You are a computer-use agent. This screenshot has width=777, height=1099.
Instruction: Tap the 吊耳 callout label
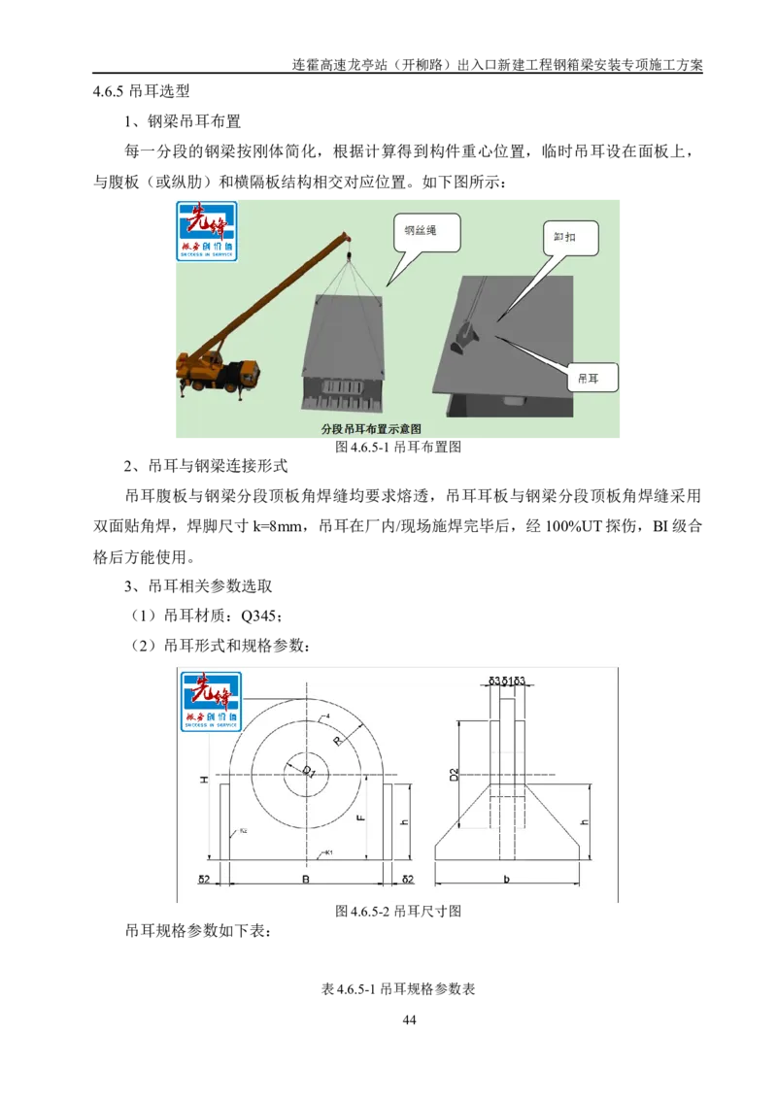click(x=589, y=376)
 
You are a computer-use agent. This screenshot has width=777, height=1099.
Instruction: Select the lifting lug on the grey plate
click(x=466, y=339)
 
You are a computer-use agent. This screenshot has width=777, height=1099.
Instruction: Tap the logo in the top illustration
click(x=205, y=231)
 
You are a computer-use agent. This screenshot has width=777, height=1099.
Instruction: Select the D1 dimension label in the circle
click(x=307, y=772)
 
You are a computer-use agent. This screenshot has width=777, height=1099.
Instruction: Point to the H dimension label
click(x=204, y=782)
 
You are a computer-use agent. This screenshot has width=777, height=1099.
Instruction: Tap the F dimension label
click(x=360, y=818)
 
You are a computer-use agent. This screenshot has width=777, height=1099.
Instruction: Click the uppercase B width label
click(x=305, y=880)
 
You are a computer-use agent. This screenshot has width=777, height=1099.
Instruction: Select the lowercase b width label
click(x=507, y=880)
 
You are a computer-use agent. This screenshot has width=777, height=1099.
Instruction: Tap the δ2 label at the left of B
click(x=205, y=880)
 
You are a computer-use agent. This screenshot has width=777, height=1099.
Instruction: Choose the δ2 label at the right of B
click(x=408, y=880)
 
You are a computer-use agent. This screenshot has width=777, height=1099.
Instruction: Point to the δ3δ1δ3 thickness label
click(x=507, y=682)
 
